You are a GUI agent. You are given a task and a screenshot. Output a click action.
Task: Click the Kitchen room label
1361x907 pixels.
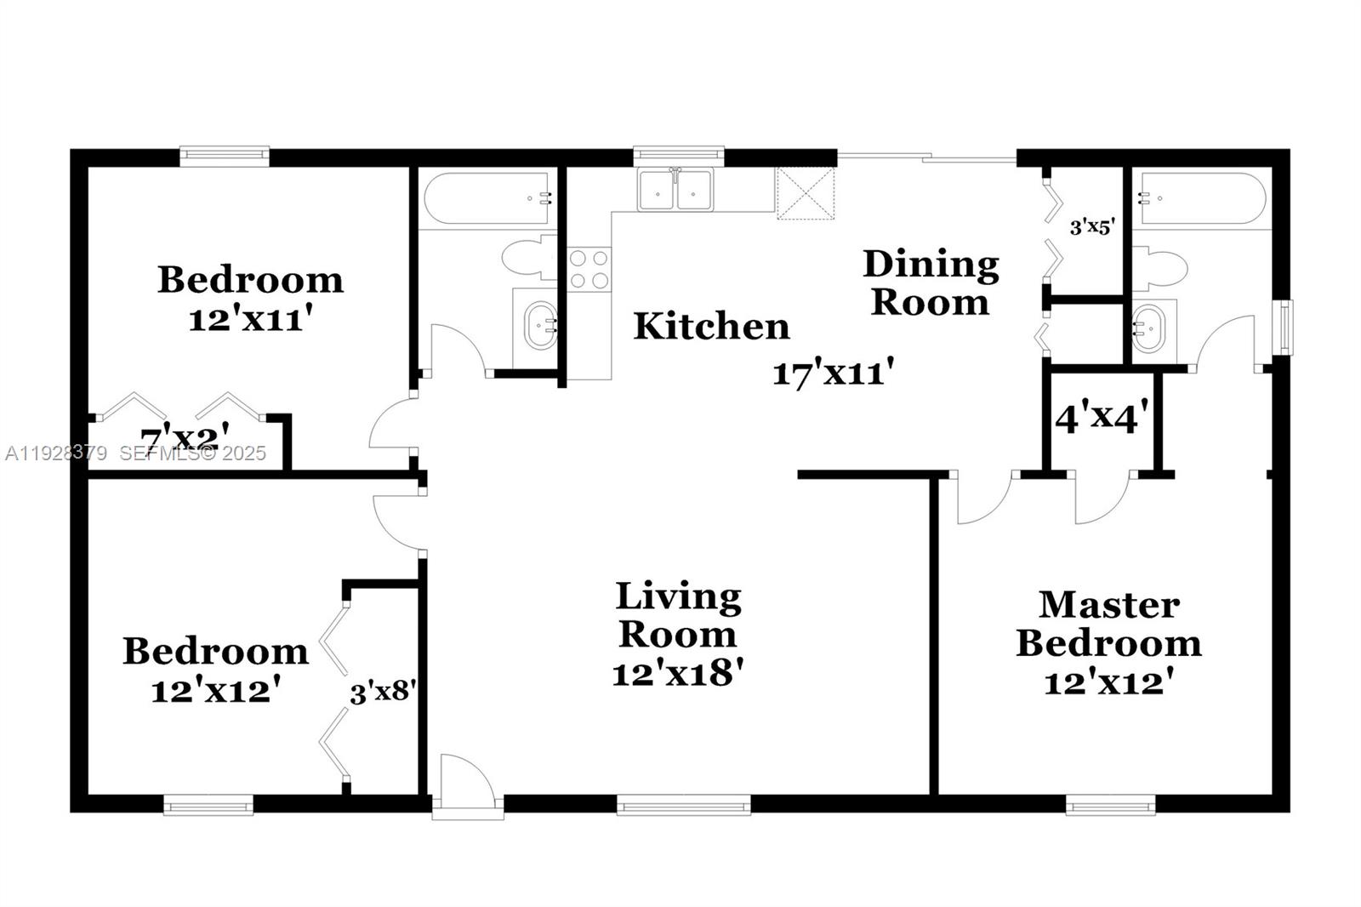(x=711, y=327)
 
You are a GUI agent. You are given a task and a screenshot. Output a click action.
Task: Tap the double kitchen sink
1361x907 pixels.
(x=675, y=190)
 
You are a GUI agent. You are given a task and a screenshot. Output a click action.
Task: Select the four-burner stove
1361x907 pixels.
(x=589, y=269)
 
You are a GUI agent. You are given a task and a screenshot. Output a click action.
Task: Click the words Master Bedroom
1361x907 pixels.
(x=1108, y=624)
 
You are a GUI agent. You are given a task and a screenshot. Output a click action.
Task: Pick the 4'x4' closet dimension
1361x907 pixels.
(x=1102, y=418)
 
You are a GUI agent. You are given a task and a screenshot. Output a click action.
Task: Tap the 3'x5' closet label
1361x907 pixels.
(x=1091, y=227)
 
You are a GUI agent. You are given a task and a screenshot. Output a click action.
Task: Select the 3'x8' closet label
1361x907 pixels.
(x=382, y=692)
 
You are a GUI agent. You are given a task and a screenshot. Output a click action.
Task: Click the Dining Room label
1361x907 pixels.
(x=931, y=282)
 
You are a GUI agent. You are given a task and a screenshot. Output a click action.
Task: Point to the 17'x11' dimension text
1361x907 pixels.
(x=833, y=373)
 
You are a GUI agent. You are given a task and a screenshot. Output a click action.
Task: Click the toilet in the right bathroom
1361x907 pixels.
(x=1160, y=269)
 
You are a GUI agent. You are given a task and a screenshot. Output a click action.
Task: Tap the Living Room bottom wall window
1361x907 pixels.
(x=683, y=804)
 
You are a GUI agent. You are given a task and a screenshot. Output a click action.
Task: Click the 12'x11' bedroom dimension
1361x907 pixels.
(x=246, y=321)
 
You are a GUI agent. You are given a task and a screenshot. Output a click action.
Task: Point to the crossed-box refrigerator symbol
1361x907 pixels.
(x=806, y=193)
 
